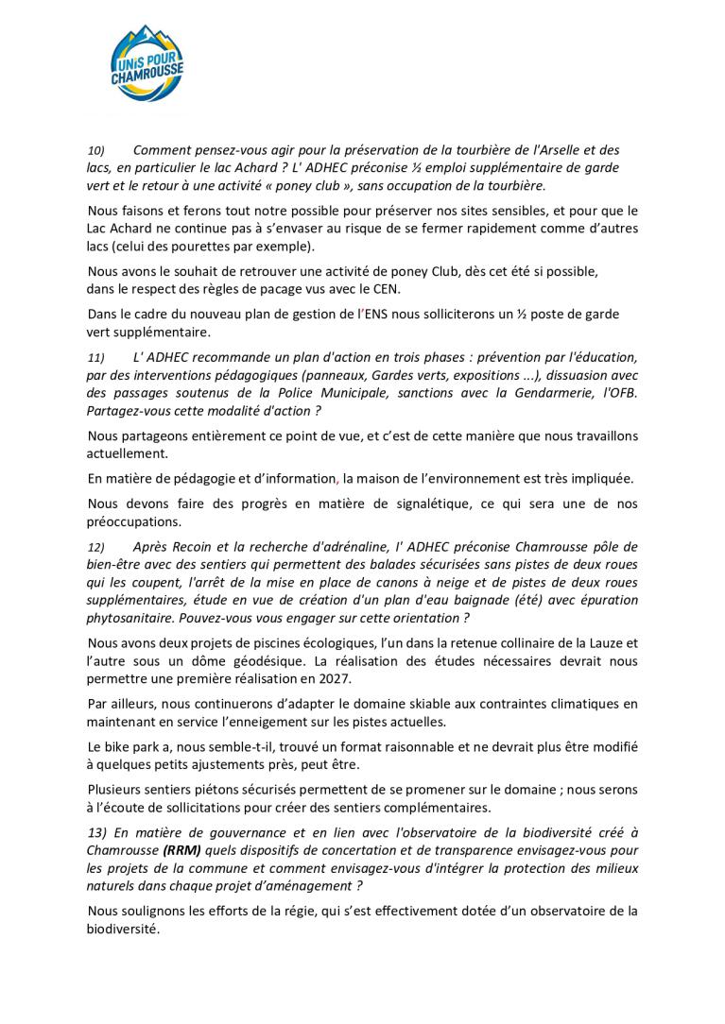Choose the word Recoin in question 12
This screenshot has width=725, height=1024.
pos(190,548)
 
